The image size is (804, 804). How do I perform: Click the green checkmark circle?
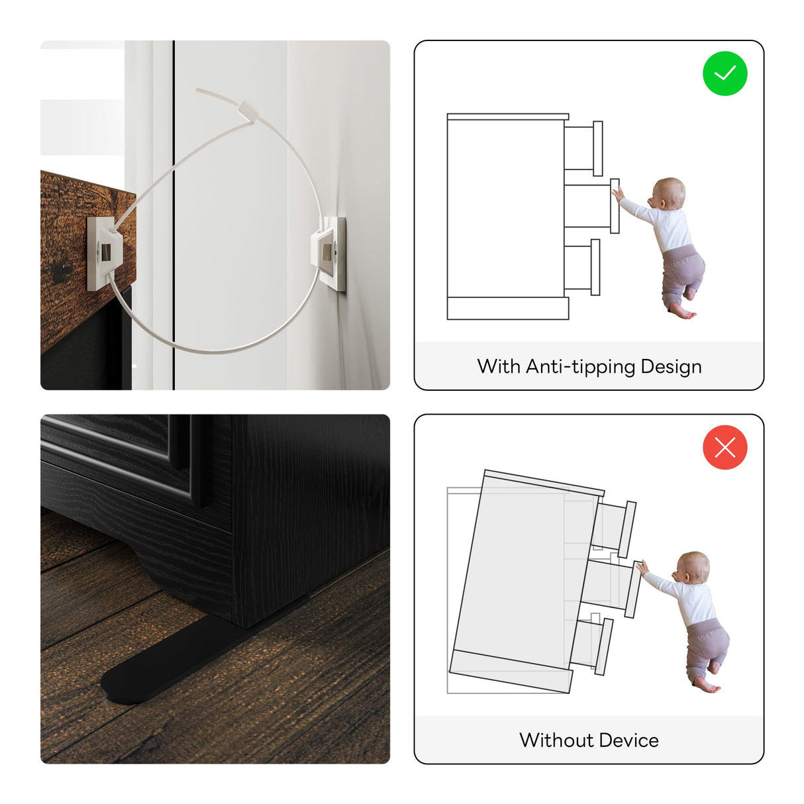(725, 74)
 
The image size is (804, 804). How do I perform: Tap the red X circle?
(725, 447)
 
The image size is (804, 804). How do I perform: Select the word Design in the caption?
(671, 367)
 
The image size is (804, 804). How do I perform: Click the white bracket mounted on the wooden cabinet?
(105, 254)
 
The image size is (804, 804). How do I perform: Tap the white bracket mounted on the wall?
(329, 253)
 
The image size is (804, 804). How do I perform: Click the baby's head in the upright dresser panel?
(668, 195)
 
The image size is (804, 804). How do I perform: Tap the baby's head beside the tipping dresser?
(693, 568)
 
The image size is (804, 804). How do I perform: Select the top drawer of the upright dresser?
(583, 148)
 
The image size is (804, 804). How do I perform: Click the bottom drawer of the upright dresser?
(582, 267)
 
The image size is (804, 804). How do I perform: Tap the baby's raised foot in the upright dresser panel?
(689, 293)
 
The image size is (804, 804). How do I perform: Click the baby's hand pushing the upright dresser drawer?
(617, 194)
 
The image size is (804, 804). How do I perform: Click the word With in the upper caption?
(499, 366)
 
